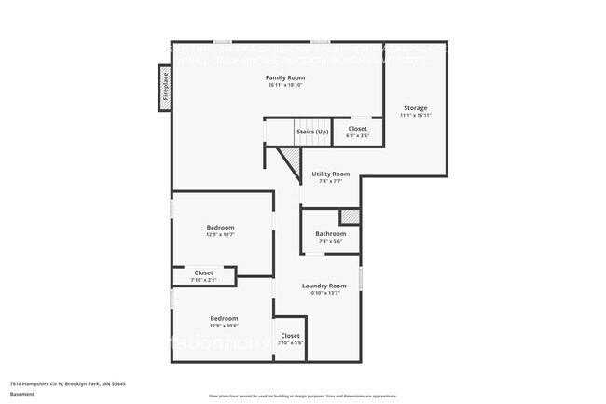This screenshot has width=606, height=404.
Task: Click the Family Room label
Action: [285, 77]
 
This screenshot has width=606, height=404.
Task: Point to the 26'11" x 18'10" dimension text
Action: [285, 85]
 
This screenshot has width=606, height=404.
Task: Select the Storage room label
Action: [416, 108]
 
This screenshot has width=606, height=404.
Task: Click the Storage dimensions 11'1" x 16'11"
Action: [416, 117]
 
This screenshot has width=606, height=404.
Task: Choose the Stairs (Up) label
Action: [312, 132]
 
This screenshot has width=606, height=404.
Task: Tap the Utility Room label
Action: [330, 174]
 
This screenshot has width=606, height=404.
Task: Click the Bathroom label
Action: [330, 233]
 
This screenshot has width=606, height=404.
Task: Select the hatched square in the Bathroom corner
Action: [349, 216]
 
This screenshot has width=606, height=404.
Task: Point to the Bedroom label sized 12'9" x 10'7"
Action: [221, 227]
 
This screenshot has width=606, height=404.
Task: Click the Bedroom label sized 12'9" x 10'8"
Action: [224, 317]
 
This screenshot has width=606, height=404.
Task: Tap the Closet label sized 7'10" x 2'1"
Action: [203, 272]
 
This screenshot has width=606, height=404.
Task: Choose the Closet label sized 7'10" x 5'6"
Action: [290, 335]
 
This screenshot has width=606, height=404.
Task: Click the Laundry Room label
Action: [324, 285]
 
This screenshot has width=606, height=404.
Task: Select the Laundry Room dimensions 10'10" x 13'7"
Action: [324, 293]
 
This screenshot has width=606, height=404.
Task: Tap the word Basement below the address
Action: [22, 394]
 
